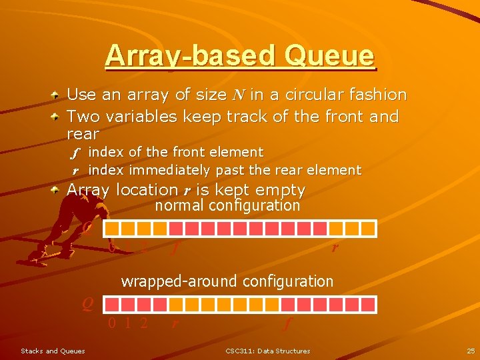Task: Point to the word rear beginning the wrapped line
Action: click(x=83, y=134)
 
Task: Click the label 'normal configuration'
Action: click(x=227, y=205)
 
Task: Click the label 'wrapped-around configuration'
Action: click(x=227, y=281)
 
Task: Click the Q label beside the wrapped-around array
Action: click(x=87, y=304)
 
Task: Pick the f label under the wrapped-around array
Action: click(x=287, y=324)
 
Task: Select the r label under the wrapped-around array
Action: click(x=175, y=324)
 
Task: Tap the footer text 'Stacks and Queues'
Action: click(x=53, y=351)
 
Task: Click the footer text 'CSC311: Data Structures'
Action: click(x=267, y=351)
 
